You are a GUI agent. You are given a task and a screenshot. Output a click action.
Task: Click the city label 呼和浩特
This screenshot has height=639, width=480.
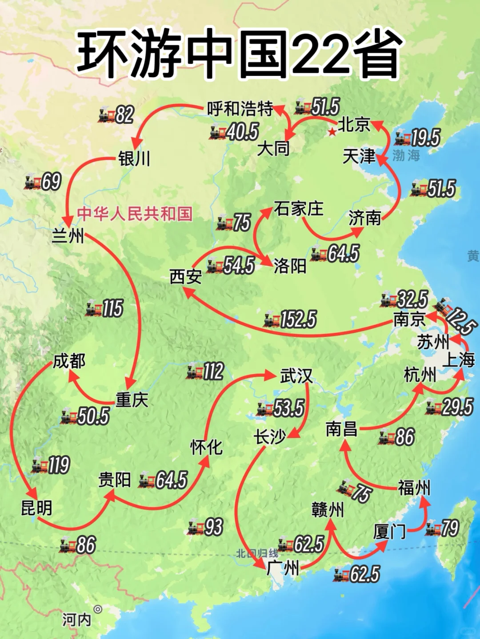pos(240,108)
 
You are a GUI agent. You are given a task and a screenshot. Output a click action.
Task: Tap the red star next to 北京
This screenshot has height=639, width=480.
pos(332,132)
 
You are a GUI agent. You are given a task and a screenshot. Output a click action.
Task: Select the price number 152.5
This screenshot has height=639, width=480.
pos(298,319)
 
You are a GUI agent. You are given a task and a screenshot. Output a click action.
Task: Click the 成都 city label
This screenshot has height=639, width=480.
pos(69,361)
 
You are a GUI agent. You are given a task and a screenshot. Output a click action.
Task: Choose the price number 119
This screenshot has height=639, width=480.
pos(59,465)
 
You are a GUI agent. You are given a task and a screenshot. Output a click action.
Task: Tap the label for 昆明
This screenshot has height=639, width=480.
pos(36,508)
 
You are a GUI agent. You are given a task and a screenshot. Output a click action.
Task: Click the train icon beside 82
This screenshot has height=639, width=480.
pos(106,115)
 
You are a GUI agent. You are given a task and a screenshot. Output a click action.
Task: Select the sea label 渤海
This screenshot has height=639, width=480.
pos(406,155)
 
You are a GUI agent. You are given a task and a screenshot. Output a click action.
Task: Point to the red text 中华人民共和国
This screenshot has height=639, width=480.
pos(135,214)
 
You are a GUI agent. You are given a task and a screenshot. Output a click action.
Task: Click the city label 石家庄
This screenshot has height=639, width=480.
pos(298,209)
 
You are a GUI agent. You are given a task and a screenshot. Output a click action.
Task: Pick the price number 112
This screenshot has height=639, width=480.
pos(213,371)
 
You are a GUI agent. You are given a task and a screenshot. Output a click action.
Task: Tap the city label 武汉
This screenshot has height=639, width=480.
pos(296,376)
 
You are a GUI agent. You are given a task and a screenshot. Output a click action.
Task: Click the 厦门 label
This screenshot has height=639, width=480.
pos(389,531)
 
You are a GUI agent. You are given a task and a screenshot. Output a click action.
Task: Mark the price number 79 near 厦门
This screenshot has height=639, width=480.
pos(449,528)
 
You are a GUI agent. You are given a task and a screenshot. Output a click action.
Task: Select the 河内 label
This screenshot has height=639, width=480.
pos(76,619)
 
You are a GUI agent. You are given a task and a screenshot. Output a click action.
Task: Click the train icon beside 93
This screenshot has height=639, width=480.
pos(195,527)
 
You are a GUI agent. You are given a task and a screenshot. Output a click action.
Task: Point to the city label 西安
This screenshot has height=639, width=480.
pos(186,277)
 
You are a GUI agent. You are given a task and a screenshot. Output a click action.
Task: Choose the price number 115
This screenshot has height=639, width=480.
pos(112,308)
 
